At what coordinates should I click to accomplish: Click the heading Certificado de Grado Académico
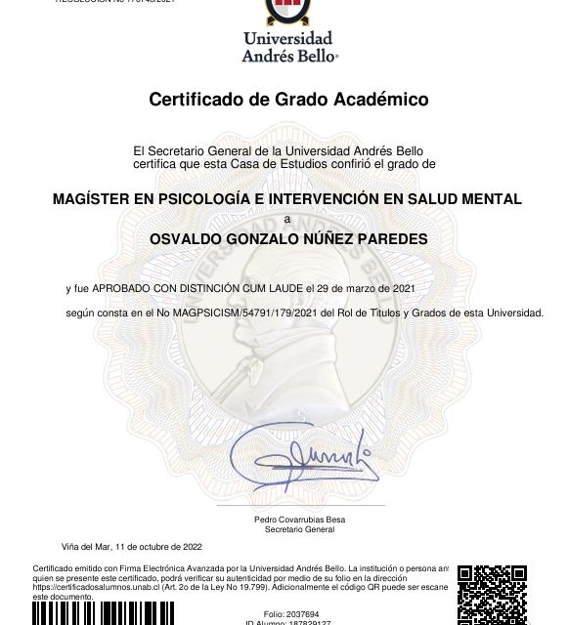288,100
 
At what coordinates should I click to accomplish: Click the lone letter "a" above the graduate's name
286,219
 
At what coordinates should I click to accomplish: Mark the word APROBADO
120,289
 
